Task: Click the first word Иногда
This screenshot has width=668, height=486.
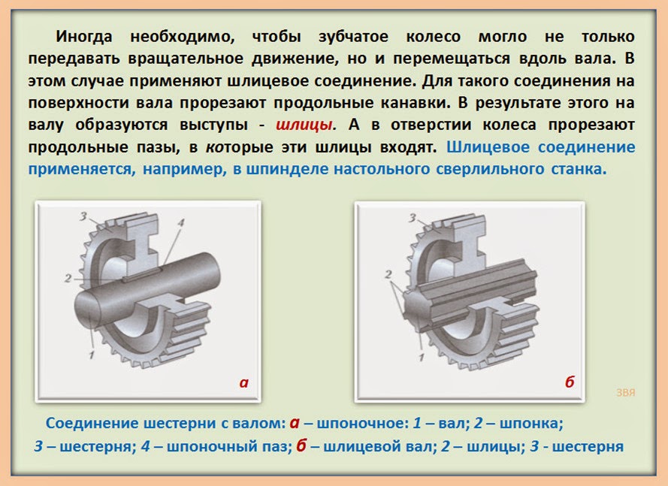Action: click(84, 37)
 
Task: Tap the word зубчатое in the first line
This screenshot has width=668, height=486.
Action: click(353, 37)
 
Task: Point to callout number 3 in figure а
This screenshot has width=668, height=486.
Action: click(83, 216)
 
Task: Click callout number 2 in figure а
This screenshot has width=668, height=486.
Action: click(68, 278)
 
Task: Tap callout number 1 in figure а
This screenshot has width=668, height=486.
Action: click(91, 353)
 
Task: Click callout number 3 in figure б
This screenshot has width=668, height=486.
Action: click(413, 218)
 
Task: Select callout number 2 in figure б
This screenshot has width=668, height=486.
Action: click(388, 274)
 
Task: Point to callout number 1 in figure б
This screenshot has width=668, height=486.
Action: click(422, 356)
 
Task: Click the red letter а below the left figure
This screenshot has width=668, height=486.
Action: click(243, 382)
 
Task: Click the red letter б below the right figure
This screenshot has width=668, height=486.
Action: click(570, 382)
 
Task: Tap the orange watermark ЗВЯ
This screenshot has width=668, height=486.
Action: click(626, 392)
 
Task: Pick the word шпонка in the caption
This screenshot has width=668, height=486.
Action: click(531, 424)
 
